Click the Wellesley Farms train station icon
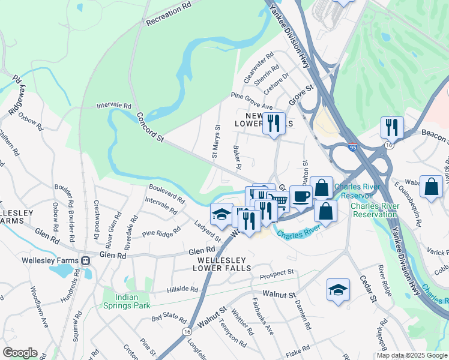tap(86, 261)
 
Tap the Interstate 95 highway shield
tap(352, 147)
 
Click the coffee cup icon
tap(301, 196)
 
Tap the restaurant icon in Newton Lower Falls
tap(274, 123)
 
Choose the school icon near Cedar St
tap(338, 289)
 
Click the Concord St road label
tap(150, 127)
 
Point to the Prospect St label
tap(277, 275)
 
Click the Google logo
tap(20, 353)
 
